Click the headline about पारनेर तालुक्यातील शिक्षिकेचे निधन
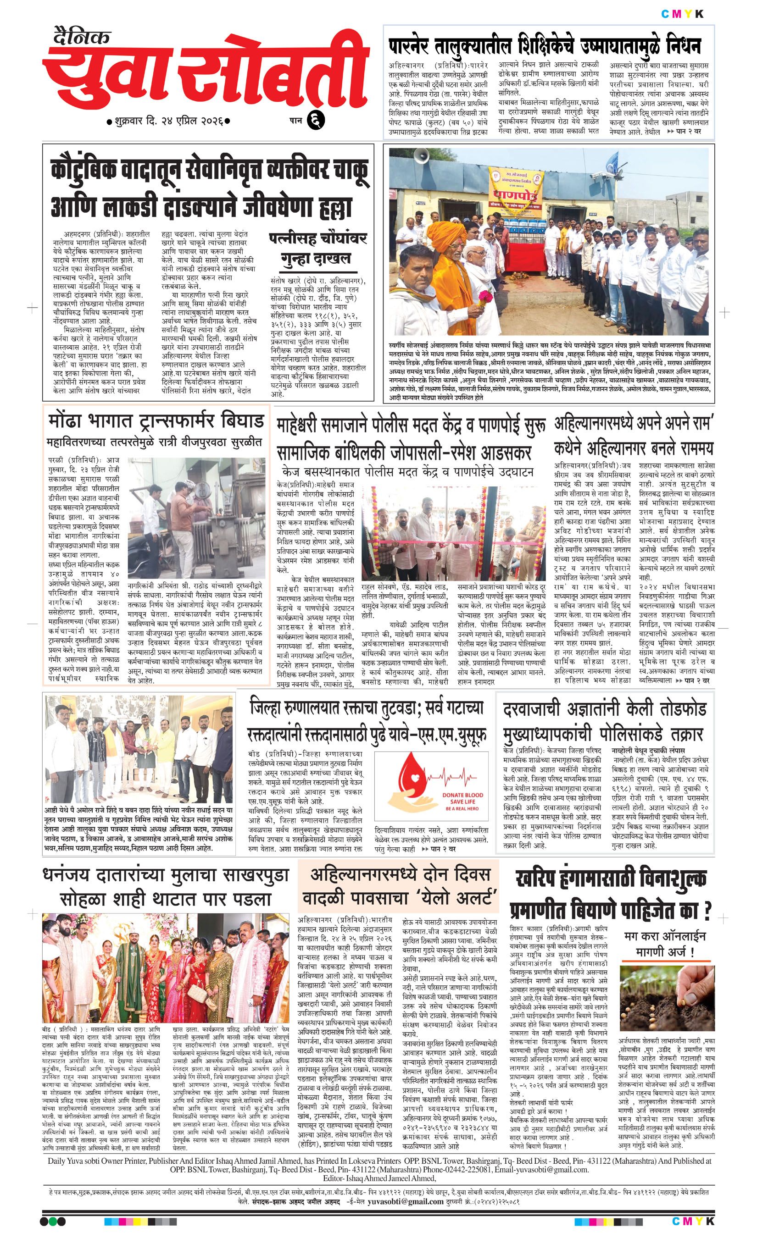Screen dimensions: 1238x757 pyautogui.click(x=545, y=46)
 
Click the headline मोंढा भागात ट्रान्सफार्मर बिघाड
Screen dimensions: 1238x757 pyautogui.click(x=156, y=420)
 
